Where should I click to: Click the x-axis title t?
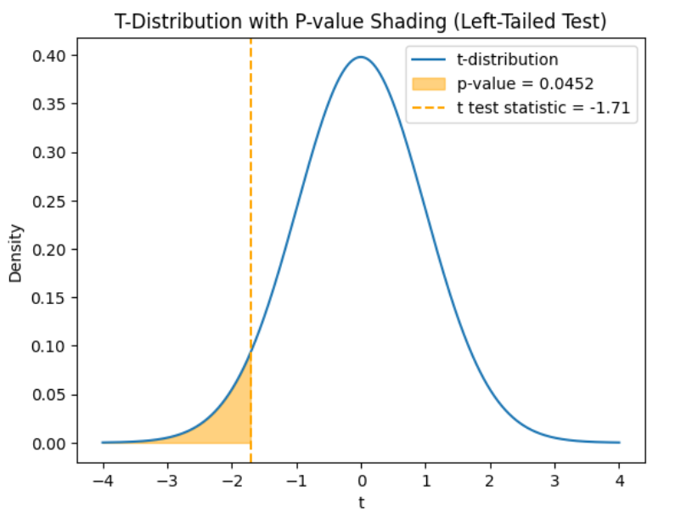click(x=361, y=502)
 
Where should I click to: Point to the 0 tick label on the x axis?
click(x=361, y=479)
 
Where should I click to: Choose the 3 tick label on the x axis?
click(x=555, y=479)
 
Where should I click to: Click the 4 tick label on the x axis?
click(x=620, y=479)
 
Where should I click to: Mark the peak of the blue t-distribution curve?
click(x=361, y=58)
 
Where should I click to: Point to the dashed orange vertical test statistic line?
click(x=250, y=212)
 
